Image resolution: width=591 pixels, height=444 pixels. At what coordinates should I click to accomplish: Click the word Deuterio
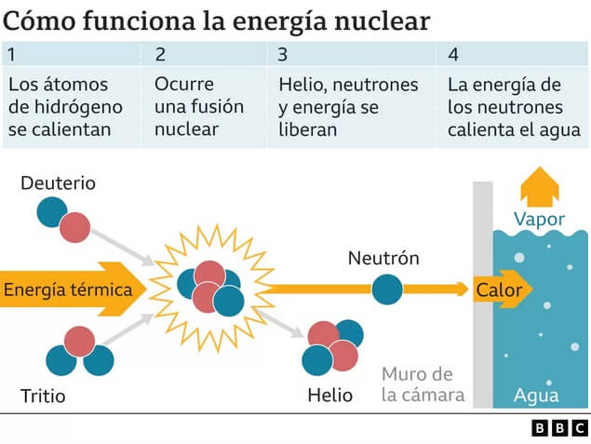pyautogui.click(x=58, y=182)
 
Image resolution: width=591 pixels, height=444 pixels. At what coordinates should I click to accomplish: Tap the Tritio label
pyautogui.click(x=43, y=397)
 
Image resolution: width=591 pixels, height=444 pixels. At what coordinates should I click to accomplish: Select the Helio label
pyautogui.click(x=330, y=396)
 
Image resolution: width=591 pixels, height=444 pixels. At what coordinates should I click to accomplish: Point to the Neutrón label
pyautogui.click(x=383, y=258)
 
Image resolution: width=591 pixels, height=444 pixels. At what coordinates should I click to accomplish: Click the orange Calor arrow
pyautogui.click(x=502, y=290)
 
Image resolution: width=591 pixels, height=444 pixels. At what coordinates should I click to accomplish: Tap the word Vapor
pyautogui.click(x=539, y=220)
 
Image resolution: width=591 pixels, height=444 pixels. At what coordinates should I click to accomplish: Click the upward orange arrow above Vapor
pyautogui.click(x=539, y=187)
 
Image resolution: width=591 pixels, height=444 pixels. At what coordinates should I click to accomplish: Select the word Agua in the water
pyautogui.click(x=537, y=397)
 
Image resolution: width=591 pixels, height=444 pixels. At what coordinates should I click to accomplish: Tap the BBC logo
pyautogui.click(x=558, y=428)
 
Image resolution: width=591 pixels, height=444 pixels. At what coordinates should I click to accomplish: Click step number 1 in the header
pyautogui.click(x=11, y=54)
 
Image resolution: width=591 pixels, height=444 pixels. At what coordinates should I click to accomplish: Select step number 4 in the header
pyautogui.click(x=452, y=54)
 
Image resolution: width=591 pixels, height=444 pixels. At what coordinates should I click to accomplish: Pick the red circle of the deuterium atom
pyautogui.click(x=74, y=226)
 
